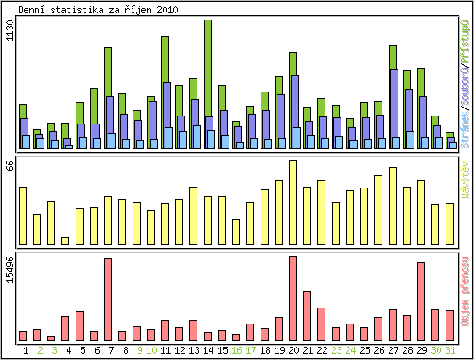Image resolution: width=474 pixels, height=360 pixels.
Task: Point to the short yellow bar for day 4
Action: (x=65, y=241)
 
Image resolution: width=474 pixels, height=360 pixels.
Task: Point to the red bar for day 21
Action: (x=307, y=316)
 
